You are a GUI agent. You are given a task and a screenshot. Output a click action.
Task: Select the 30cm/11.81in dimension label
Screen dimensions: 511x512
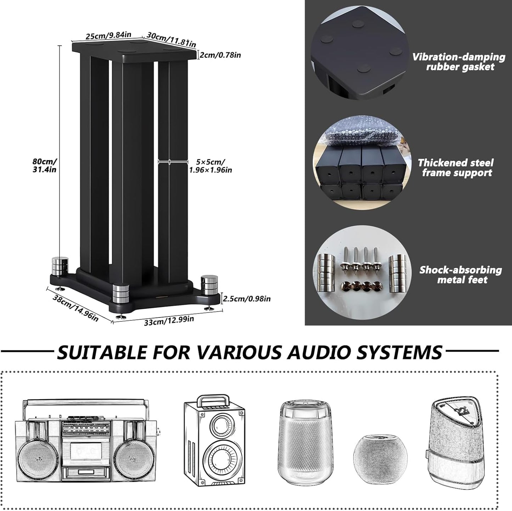(171, 40)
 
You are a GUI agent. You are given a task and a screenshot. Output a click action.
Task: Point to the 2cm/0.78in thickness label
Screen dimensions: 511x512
(220, 55)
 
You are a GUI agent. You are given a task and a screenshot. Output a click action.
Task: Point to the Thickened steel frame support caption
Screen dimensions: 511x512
(456, 168)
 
